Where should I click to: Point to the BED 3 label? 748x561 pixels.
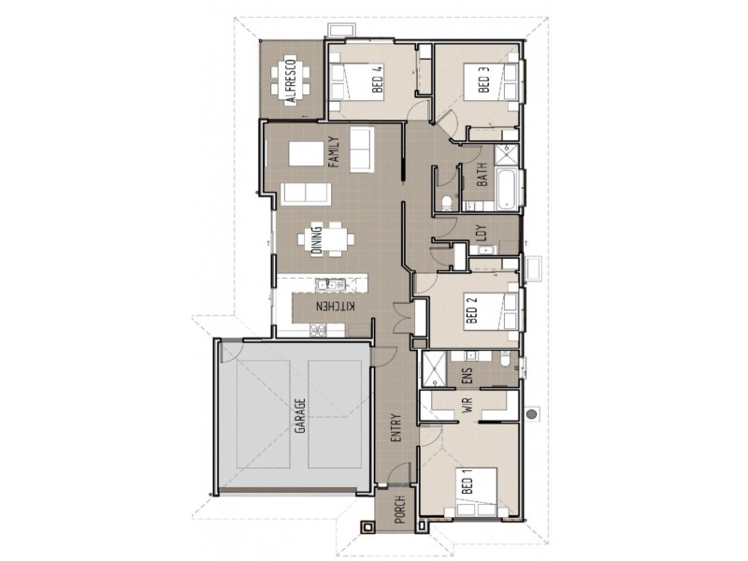(482, 79)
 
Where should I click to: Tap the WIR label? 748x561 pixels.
(465, 406)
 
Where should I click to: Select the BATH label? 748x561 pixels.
(482, 175)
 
